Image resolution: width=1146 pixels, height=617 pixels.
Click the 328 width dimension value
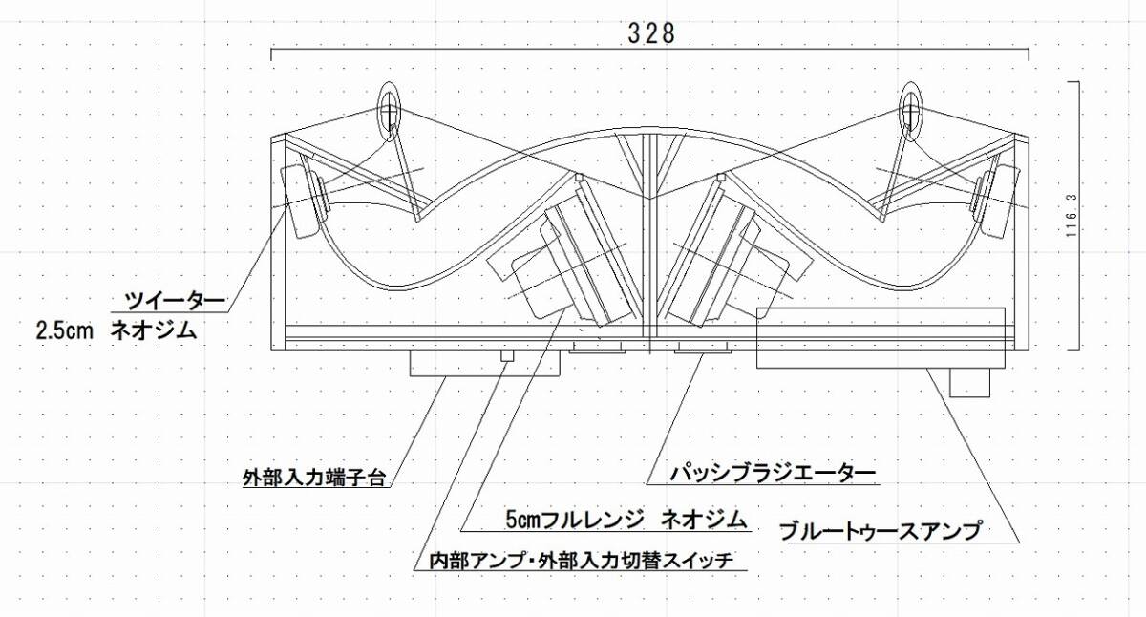click(651, 32)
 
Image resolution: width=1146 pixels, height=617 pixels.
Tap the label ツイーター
click(176, 302)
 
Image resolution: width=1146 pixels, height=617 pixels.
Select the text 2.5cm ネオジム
click(116, 331)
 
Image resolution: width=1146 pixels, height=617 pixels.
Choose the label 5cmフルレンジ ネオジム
click(626, 520)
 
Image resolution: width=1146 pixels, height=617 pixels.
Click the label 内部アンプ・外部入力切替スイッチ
click(580, 561)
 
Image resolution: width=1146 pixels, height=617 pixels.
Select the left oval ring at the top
click(390, 108)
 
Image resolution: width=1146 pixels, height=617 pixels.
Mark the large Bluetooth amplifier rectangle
click(881, 338)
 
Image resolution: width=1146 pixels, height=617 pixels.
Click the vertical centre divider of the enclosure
click(650, 239)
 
